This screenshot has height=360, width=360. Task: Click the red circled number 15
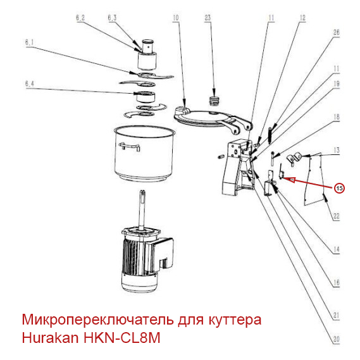click(x=340, y=188)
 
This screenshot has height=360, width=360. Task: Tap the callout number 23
click(x=207, y=19)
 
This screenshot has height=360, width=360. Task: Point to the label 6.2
click(x=80, y=18)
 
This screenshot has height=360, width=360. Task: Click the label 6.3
click(x=112, y=18)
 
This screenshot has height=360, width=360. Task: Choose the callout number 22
click(x=337, y=216)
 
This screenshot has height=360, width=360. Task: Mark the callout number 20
click(x=337, y=337)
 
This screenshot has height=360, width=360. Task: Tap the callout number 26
click(x=337, y=32)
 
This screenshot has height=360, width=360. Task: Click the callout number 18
click(x=337, y=117)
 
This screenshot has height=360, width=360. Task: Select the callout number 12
click(x=302, y=18)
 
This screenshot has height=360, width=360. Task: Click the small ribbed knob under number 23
click(x=216, y=101)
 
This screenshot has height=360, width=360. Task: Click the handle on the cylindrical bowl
click(x=129, y=147)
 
